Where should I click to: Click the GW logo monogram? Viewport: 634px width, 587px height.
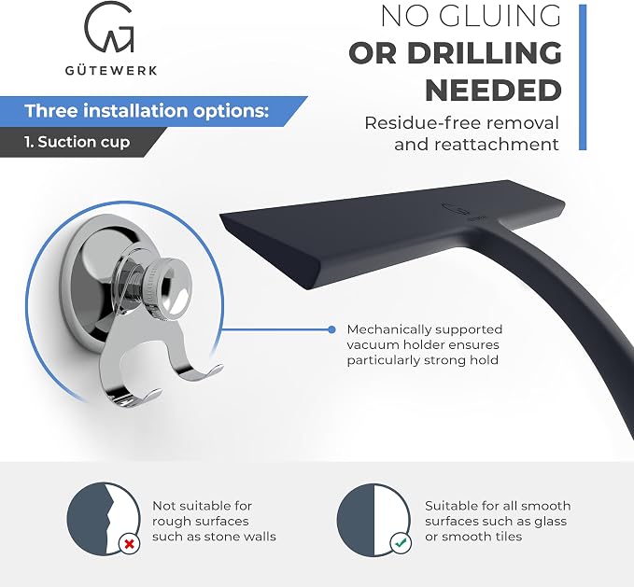pyautogui.click(x=109, y=27)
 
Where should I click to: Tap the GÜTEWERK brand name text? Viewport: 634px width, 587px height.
pyautogui.click(x=111, y=71)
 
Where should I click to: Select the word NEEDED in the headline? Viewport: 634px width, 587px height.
pyautogui.click(x=493, y=91)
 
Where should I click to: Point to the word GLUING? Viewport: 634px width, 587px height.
pyautogui.click(x=500, y=16)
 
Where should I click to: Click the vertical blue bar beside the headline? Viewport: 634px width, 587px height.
pyautogui.click(x=583, y=77)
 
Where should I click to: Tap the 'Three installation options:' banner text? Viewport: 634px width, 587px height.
pyautogui.click(x=147, y=111)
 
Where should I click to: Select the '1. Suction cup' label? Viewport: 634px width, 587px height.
pyautogui.click(x=77, y=142)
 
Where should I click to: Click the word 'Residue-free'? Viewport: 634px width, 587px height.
pyautogui.click(x=417, y=123)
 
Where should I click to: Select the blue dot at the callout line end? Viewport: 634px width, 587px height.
pyautogui.click(x=331, y=329)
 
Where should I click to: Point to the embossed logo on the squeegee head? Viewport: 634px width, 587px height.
pyautogui.click(x=457, y=209)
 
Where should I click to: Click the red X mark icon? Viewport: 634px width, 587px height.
pyautogui.click(x=130, y=544)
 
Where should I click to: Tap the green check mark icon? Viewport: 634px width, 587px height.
pyautogui.click(x=401, y=544)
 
